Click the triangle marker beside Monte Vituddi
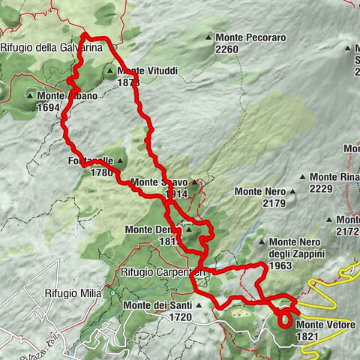(x=112, y=72)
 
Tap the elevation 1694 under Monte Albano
(x=46, y=107)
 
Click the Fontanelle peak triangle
(x=120, y=160)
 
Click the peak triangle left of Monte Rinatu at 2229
(x=303, y=177)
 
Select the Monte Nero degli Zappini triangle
(x=262, y=242)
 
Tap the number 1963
(x=282, y=265)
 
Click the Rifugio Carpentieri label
(x=155, y=273)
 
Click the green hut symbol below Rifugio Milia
(x=112, y=293)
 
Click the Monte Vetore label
(x=325, y=325)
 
